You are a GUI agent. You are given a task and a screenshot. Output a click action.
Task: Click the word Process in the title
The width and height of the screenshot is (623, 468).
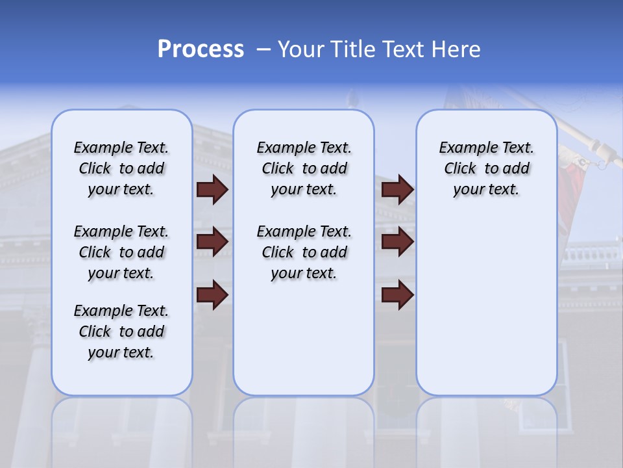[201, 49]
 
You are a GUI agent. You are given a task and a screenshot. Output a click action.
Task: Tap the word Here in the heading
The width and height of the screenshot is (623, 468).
[457, 49]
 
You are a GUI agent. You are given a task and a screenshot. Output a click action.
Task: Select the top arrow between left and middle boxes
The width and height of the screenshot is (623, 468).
[212, 190]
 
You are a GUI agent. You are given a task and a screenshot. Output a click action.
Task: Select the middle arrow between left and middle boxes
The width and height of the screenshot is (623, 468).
[212, 242]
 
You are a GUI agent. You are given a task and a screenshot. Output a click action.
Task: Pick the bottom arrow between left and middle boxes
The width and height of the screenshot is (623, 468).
[212, 294]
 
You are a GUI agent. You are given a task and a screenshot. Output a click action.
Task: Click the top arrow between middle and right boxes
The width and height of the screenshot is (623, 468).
[397, 190]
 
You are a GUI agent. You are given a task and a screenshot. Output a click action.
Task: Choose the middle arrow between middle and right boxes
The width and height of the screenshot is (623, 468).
[397, 242]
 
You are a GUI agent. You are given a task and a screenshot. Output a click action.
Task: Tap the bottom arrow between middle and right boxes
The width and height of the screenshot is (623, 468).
[397, 294]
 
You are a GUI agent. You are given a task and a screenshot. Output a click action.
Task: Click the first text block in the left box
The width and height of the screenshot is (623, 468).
[121, 168]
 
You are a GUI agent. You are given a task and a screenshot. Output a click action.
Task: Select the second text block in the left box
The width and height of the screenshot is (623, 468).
[121, 252]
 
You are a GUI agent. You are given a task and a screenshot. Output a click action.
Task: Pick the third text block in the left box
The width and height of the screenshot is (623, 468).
[121, 331]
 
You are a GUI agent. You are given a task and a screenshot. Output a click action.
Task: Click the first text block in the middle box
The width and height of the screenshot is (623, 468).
[304, 168]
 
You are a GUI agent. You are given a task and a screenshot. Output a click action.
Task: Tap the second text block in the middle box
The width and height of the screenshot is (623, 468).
[304, 252]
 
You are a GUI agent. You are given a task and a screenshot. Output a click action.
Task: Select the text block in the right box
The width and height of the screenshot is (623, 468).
[486, 168]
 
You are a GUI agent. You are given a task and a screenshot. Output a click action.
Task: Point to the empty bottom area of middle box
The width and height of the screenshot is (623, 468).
[304, 344]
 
